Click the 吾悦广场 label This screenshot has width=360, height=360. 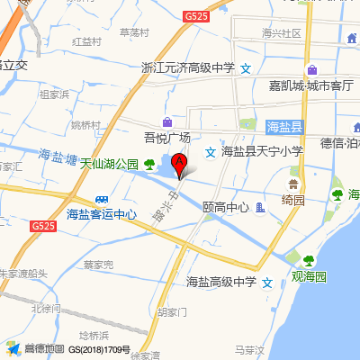[167, 138]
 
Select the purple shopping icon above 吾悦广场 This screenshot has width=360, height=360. [167, 121]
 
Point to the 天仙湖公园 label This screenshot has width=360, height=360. [109, 164]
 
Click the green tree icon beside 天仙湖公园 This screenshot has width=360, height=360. [149, 163]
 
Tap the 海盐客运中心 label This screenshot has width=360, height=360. [102, 214]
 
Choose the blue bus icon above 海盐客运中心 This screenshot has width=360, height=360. [102, 199]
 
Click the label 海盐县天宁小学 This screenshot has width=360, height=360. [262, 151]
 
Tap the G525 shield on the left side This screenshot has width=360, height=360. [42, 226]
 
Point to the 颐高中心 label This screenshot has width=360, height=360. [226, 207]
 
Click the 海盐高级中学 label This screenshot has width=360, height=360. [221, 283]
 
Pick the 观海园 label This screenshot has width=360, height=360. [309, 276]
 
